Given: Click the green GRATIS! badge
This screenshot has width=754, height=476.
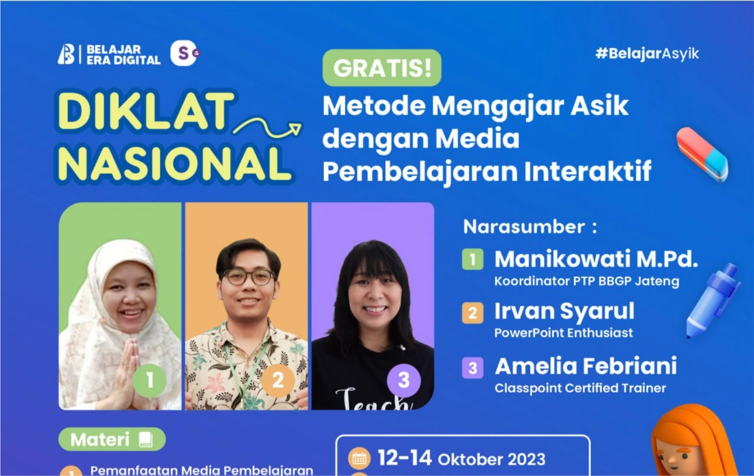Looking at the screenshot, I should click(x=382, y=68).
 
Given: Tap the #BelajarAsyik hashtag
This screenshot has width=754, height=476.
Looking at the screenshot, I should click(x=647, y=54).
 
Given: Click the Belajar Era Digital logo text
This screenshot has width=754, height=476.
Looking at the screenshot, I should click(x=123, y=54).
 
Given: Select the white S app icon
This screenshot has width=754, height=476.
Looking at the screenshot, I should click(x=184, y=54).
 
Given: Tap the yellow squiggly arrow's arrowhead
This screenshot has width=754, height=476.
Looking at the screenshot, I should click(x=294, y=128).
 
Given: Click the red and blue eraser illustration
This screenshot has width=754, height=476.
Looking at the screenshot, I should click(x=702, y=154).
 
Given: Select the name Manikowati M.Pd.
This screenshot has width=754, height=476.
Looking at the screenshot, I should click(x=596, y=259).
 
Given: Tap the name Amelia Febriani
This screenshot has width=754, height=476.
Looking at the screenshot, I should click(x=586, y=366).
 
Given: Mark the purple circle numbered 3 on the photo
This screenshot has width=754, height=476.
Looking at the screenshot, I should click(x=404, y=380).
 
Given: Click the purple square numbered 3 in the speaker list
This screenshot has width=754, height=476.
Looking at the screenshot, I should click(x=472, y=368).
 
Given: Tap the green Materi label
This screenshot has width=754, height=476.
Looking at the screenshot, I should click(x=112, y=439).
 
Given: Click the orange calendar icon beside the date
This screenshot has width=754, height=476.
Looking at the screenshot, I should click(x=359, y=458).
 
